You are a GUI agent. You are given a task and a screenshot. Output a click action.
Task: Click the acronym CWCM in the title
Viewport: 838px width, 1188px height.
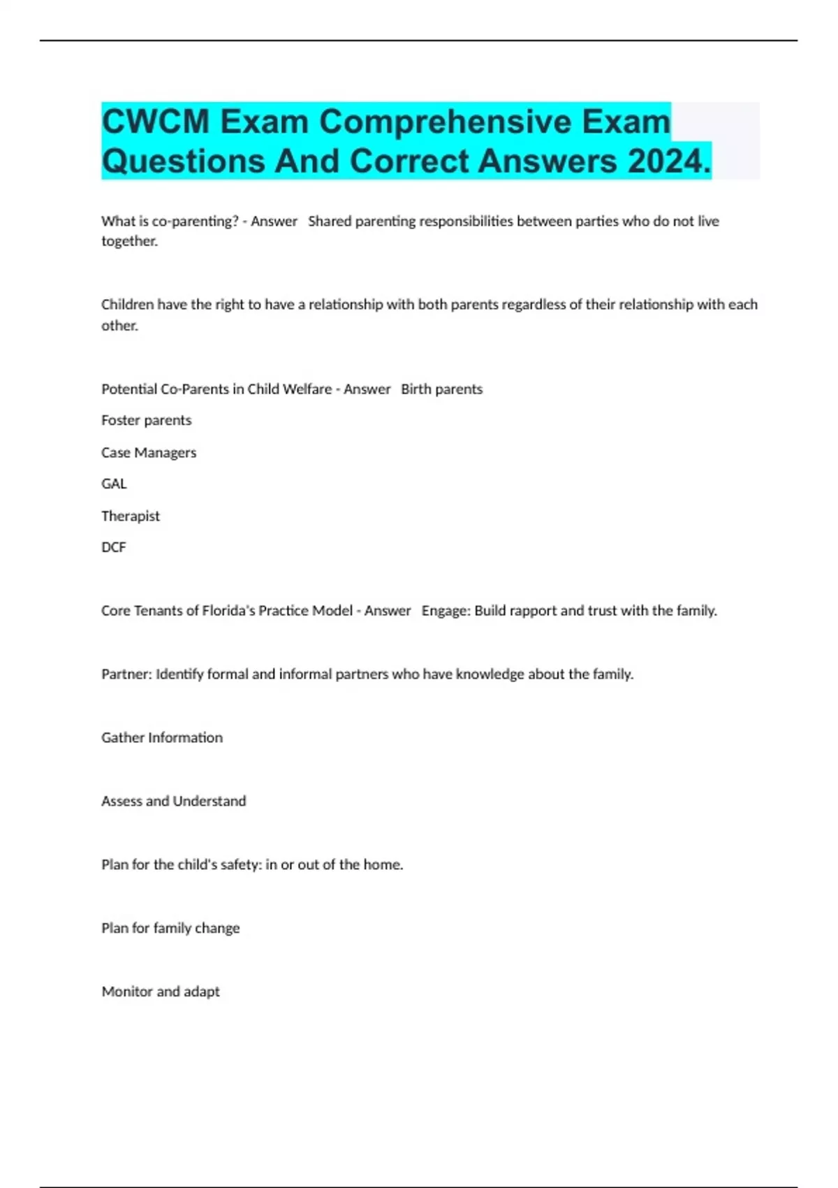pos(156,122)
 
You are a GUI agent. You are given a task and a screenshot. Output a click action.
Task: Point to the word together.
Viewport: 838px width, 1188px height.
pos(129,241)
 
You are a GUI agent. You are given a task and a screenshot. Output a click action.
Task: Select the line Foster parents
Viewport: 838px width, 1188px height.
pos(146,420)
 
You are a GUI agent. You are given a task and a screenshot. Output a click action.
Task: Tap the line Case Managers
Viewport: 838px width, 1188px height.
pos(149,452)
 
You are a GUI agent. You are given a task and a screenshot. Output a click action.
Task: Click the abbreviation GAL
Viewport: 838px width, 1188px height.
pos(114,484)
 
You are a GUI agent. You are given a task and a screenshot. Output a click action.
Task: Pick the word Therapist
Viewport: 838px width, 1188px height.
pos(131,516)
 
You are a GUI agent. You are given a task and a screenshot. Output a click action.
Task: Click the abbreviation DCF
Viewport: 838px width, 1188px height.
pos(114,547)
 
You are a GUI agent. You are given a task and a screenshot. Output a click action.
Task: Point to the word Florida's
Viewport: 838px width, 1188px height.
pos(228,611)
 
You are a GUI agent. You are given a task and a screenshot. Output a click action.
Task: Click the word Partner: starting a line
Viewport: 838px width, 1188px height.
pos(126,674)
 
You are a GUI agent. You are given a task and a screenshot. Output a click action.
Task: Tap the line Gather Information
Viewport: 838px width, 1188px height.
pos(162,737)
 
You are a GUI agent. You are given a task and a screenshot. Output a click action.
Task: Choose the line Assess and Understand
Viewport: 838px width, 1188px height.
pos(173,801)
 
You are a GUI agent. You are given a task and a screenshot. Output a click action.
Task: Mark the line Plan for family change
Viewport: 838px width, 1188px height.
pos(170,928)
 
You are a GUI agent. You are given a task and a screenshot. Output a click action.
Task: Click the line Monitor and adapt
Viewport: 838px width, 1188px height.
pos(161,992)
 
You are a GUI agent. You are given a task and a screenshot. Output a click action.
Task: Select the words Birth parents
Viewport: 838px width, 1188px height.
pos(441,389)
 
